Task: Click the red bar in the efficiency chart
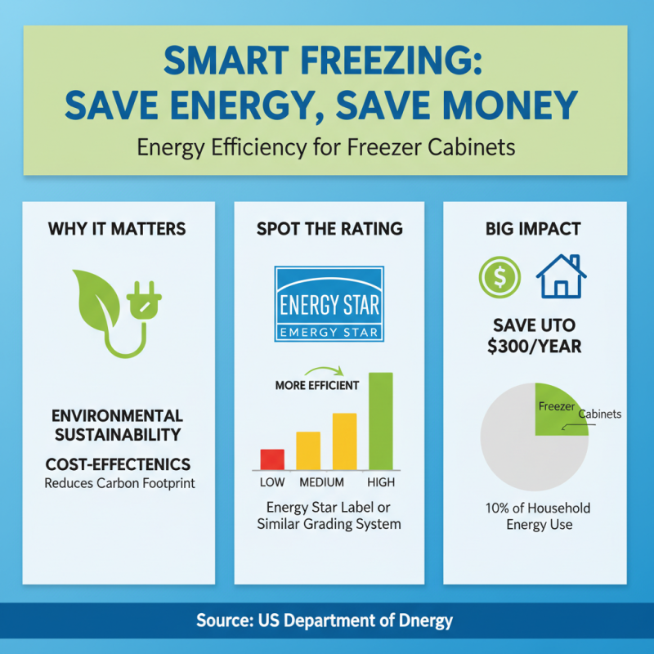pos(272,459)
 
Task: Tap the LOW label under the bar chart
pos(272,482)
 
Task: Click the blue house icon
pos(560,276)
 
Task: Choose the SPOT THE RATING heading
pos(329,228)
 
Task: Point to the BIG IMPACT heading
pos(535,228)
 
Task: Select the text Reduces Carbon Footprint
pos(119,482)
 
